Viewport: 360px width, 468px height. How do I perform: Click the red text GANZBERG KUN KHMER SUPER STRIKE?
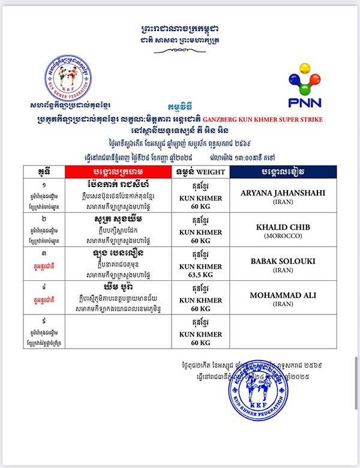tap(272, 119)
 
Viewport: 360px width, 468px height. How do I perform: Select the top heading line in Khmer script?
tap(180, 28)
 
